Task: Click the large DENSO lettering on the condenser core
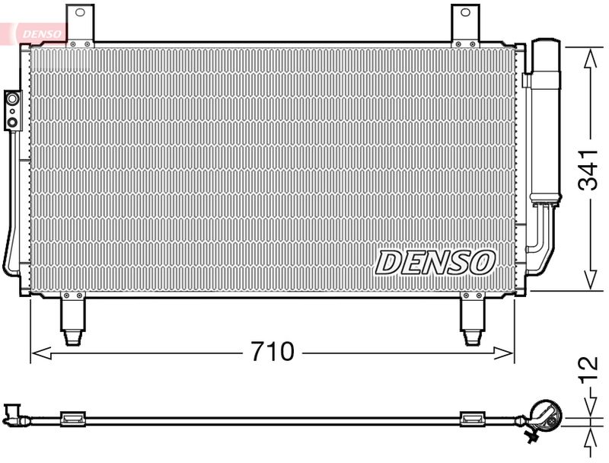[x=435, y=263]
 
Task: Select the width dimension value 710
[x=272, y=352]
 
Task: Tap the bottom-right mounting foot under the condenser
[x=473, y=318]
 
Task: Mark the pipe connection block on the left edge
[x=13, y=109]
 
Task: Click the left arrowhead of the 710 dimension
[x=37, y=352]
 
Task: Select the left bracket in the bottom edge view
[x=72, y=417]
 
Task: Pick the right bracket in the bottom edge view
[x=473, y=417]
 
